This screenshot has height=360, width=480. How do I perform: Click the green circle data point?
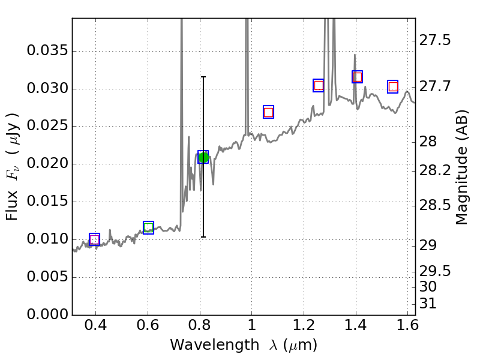203,157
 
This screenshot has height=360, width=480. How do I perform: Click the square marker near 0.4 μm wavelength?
94,239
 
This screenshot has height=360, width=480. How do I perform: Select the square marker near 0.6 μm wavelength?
148,227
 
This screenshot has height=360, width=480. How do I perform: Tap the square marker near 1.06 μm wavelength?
268,112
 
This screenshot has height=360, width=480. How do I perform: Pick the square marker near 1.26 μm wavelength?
319,85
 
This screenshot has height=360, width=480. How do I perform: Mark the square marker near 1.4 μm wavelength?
357,77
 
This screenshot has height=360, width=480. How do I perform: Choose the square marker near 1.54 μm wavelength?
393,87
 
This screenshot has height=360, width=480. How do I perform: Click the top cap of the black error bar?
203,77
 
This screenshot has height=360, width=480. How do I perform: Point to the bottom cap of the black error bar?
203,237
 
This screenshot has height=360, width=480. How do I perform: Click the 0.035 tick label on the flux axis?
46,51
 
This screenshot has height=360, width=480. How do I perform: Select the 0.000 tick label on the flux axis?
46,315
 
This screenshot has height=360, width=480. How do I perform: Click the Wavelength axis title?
243,345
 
